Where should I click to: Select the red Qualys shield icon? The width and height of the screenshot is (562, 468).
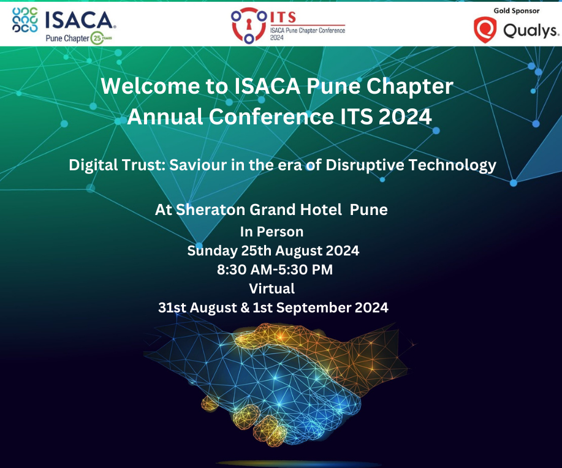[x=484, y=29]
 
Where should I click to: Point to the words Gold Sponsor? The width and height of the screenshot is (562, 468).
[x=516, y=10]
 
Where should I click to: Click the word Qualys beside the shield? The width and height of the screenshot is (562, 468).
[x=531, y=31]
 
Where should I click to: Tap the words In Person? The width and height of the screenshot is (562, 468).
[x=272, y=232]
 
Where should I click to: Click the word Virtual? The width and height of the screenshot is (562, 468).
[x=272, y=288]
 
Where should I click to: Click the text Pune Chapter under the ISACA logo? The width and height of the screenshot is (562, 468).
[x=67, y=38]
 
